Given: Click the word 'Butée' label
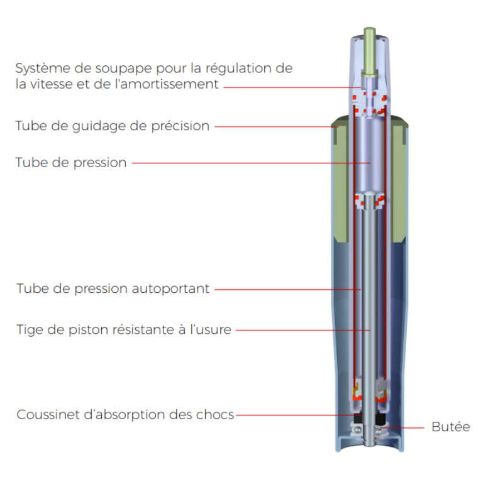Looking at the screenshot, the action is [x=450, y=427].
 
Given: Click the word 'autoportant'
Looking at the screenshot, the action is [x=170, y=289].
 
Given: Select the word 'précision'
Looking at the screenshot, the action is [x=180, y=126].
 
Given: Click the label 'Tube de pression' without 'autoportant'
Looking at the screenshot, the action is [x=71, y=163].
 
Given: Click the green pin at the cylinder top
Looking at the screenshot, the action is [x=370, y=52].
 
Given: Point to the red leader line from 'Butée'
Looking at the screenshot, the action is [x=402, y=428].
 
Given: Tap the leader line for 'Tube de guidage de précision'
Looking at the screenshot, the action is [x=276, y=126].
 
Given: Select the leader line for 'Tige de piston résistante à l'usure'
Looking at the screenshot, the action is [x=303, y=330].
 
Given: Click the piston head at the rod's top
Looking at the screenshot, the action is [x=370, y=200].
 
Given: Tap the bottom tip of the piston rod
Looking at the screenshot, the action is [x=370, y=444].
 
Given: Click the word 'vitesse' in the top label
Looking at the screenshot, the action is [x=51, y=84].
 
